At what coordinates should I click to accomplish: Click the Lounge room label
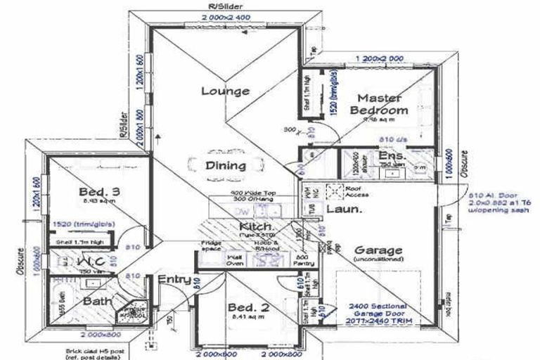tap(225, 91)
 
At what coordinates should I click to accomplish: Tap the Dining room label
tap(225, 166)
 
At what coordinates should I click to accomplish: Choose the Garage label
tap(378, 251)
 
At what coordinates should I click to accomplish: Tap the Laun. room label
tap(345, 209)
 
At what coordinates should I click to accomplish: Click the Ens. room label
tap(391, 156)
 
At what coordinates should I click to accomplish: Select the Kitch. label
tap(256, 226)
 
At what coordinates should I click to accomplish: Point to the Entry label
tap(174, 280)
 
